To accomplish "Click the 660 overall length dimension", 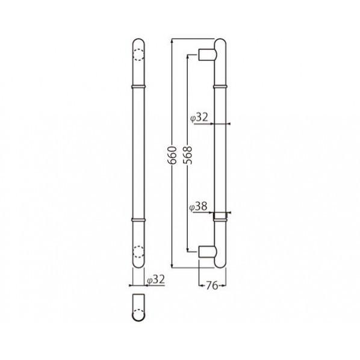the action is click(x=172, y=155).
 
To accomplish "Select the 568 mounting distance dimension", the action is click(x=187, y=155).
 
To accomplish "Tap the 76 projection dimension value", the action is click(x=212, y=285).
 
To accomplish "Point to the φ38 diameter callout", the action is click(x=199, y=206).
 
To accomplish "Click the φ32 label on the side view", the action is click(x=199, y=117).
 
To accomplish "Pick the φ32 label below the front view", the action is click(x=156, y=279).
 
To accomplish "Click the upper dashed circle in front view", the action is click(x=138, y=55).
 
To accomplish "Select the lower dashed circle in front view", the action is click(x=138, y=252).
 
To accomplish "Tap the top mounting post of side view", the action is click(x=208, y=54).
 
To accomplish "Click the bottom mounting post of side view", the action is click(x=208, y=252).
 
